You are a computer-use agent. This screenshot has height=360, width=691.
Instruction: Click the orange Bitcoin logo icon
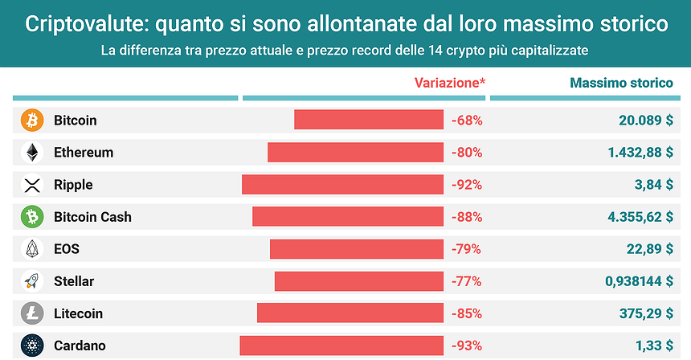32,121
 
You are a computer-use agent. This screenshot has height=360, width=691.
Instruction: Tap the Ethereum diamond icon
32,153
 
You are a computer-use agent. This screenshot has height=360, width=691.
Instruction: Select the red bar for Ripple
342,185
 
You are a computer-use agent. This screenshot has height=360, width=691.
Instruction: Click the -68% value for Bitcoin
466,121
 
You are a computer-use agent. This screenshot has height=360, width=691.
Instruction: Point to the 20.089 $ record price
645,121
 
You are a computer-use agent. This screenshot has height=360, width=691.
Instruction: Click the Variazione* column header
449,83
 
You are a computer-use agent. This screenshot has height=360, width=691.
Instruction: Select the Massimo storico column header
620,83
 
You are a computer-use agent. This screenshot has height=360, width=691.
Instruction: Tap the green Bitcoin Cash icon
32,217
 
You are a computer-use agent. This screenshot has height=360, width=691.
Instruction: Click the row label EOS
67,249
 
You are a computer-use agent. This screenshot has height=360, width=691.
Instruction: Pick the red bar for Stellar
358,281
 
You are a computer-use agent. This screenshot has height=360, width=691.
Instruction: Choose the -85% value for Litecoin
466,313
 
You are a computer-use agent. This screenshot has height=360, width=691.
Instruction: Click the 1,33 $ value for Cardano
653,346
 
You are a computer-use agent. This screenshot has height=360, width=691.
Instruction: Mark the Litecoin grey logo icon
32,313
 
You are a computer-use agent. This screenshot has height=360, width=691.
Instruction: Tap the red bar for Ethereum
355,153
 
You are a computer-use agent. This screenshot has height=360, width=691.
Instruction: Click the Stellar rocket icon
32,281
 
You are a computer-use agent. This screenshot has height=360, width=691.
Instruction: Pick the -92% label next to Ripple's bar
466,185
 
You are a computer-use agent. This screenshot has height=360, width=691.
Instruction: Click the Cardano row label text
80,346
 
